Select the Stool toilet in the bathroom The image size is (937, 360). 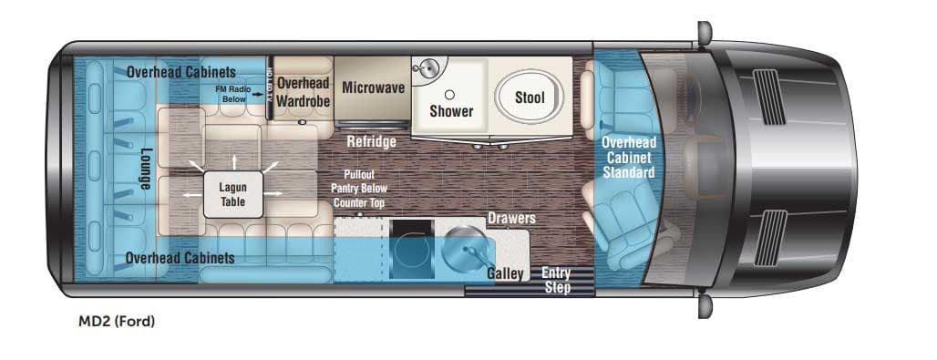[x=530, y=98]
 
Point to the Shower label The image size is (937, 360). [x=451, y=111]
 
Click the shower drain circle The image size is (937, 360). [x=450, y=94]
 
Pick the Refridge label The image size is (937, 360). [x=370, y=142]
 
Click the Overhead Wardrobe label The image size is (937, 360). [x=303, y=93]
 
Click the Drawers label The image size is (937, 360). [x=510, y=219]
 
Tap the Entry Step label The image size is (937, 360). [x=556, y=280]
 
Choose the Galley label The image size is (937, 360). [x=505, y=273]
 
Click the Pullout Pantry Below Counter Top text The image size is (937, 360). [x=359, y=188]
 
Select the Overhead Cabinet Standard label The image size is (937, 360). [x=628, y=157]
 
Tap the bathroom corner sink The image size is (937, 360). [x=426, y=70]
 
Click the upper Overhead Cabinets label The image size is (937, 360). [x=181, y=71]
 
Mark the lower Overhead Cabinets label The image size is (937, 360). [x=180, y=258]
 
